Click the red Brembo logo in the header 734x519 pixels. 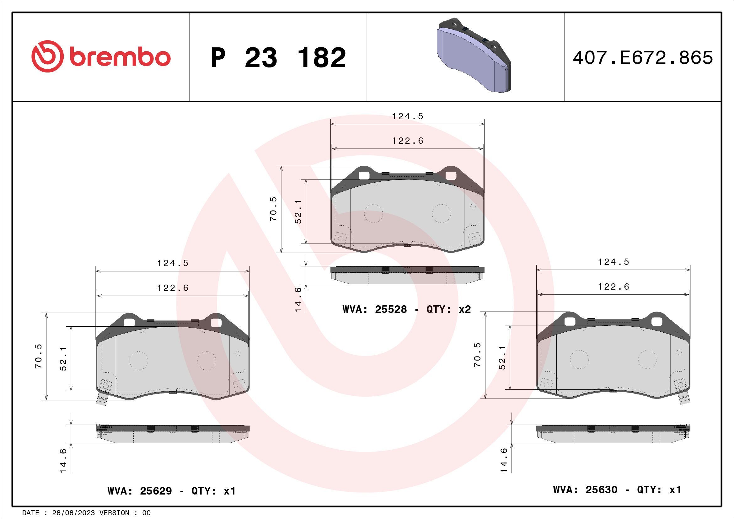(x=101, y=56)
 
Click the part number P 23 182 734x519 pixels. (x=278, y=58)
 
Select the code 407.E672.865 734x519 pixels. (x=643, y=58)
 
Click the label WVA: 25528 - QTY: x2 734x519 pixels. (x=407, y=309)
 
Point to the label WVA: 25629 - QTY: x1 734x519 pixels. (x=172, y=491)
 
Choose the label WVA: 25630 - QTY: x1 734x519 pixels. (x=617, y=490)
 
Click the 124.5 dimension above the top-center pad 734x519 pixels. (x=408, y=116)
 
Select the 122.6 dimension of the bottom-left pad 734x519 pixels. (x=173, y=288)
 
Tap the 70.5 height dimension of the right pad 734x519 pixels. (x=477, y=355)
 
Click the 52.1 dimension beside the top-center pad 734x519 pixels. (x=298, y=211)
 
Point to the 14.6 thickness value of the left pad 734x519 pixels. (x=63, y=461)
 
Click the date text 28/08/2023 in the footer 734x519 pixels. (x=73, y=513)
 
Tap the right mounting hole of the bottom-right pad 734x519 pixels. (x=656, y=322)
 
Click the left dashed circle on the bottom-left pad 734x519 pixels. (x=139, y=361)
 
